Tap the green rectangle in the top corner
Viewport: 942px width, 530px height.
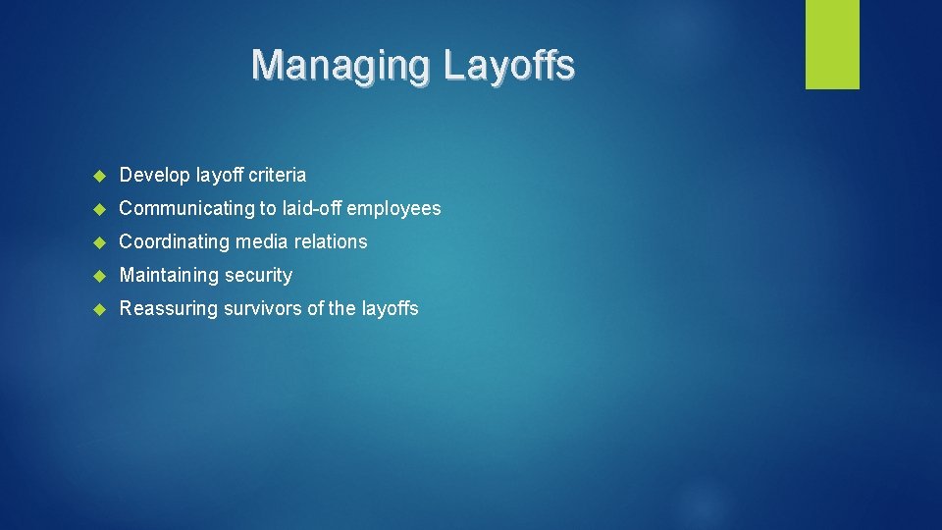[832, 44]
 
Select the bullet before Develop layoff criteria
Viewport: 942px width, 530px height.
[98, 176]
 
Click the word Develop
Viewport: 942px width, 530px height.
[155, 176]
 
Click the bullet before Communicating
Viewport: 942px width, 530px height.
[98, 209]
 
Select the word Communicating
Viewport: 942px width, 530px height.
[186, 209]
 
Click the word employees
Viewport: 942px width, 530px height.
[393, 209]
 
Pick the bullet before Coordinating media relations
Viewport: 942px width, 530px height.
[98, 242]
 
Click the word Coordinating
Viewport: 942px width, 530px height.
[174, 242]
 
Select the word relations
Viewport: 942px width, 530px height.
[330, 241]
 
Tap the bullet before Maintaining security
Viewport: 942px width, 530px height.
[98, 276]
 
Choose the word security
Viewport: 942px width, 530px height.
[258, 276]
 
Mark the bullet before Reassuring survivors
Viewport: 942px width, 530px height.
[98, 309]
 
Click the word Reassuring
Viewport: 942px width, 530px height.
[169, 309]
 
